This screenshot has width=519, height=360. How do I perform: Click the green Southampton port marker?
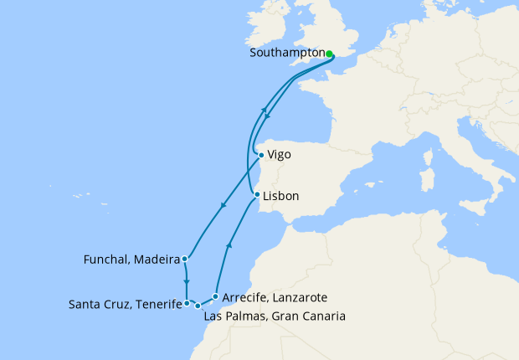pos(330,54)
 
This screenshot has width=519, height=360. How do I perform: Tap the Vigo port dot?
pos(261,155)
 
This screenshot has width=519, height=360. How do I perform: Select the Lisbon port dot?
pos(256,195)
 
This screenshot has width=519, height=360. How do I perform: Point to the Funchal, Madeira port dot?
pos(184,259)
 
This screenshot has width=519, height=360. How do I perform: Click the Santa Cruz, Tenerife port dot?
pos(187,303)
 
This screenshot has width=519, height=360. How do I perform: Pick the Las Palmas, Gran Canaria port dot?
pos(198,306)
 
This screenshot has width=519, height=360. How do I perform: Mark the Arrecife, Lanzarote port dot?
pos(216,296)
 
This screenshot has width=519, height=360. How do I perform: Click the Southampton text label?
pos(287,53)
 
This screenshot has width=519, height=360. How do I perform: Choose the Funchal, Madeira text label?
pos(131,260)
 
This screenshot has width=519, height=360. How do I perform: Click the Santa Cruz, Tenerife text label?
pos(125,305)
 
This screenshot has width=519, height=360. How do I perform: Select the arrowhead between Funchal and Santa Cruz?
pos(187,282)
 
